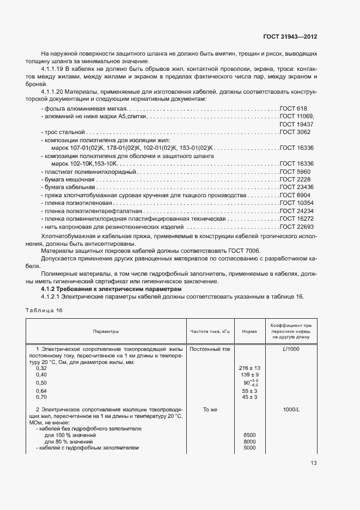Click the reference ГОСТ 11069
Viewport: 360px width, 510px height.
point(297,117)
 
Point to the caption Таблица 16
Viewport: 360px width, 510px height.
point(44,310)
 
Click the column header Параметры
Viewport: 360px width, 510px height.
point(106,331)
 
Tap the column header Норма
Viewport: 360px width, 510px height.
point(249,331)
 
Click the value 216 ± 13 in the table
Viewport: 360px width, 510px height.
point(249,368)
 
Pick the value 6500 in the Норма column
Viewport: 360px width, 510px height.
point(249,435)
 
